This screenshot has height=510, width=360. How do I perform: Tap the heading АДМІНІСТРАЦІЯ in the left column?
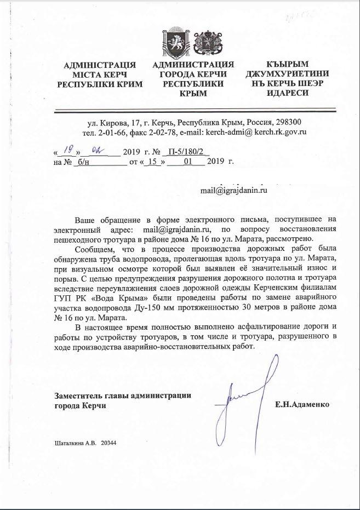(x=99, y=65)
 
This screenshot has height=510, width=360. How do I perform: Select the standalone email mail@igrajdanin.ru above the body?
(x=233, y=190)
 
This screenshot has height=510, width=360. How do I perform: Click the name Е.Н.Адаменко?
(x=303, y=404)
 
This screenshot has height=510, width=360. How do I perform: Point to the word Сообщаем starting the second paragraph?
(x=96, y=249)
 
